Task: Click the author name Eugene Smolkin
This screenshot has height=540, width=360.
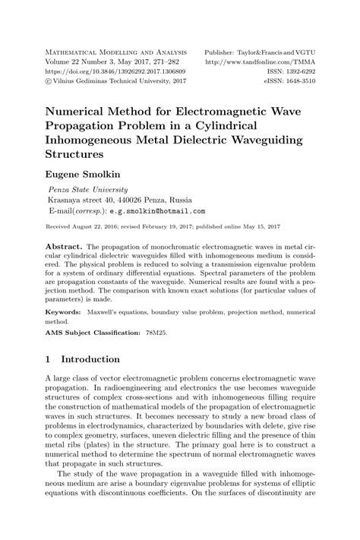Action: [x=81, y=175]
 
